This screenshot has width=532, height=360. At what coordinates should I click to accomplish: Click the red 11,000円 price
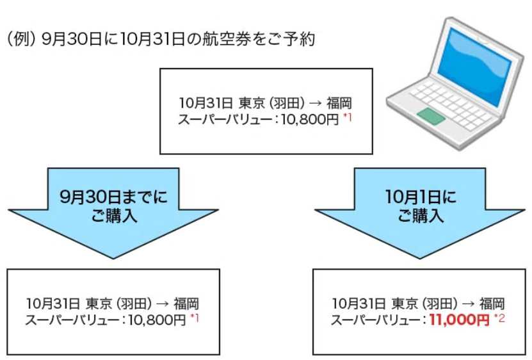click(x=459, y=320)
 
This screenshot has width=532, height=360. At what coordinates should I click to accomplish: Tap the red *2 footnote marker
click(x=499, y=318)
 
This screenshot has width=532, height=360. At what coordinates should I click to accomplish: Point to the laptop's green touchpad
click(x=431, y=116)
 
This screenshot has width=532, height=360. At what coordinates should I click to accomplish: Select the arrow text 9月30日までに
click(x=113, y=197)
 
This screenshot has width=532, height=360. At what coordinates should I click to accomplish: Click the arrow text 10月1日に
click(x=421, y=197)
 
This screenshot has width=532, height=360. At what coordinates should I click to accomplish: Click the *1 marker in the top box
click(x=348, y=118)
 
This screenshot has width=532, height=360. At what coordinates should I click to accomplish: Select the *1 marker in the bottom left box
click(x=195, y=318)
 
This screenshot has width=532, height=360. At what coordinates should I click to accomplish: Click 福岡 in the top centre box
click(x=339, y=103)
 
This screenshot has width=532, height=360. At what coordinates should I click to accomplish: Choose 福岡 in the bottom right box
click(x=492, y=304)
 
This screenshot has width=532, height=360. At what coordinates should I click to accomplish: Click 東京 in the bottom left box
click(x=99, y=304)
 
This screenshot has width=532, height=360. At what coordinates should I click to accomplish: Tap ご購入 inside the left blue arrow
click(x=114, y=216)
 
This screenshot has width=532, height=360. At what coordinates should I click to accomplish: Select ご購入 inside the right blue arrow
click(x=421, y=216)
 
